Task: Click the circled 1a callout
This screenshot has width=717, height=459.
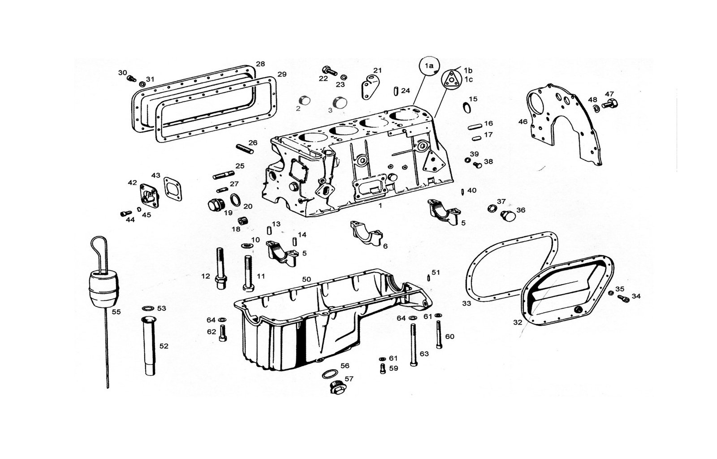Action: click(x=429, y=66)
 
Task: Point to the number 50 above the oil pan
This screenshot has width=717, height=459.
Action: click(x=307, y=279)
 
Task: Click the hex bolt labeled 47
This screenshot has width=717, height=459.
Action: click(x=610, y=104)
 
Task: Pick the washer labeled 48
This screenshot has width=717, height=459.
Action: click(x=596, y=108)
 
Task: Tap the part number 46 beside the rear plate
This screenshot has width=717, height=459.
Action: click(x=523, y=121)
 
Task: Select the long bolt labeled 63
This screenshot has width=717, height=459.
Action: click(x=414, y=345)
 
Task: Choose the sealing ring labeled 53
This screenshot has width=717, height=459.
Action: click(x=148, y=308)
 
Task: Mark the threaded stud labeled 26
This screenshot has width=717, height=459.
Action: click(x=245, y=149)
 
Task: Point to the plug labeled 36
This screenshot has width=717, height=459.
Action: click(x=508, y=216)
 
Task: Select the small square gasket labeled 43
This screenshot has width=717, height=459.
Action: click(x=173, y=189)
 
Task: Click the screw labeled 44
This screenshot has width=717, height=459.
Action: click(x=126, y=213)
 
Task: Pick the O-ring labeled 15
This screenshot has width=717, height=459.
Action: click(x=467, y=108)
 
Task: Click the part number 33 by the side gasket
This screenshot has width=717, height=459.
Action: click(x=466, y=303)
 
